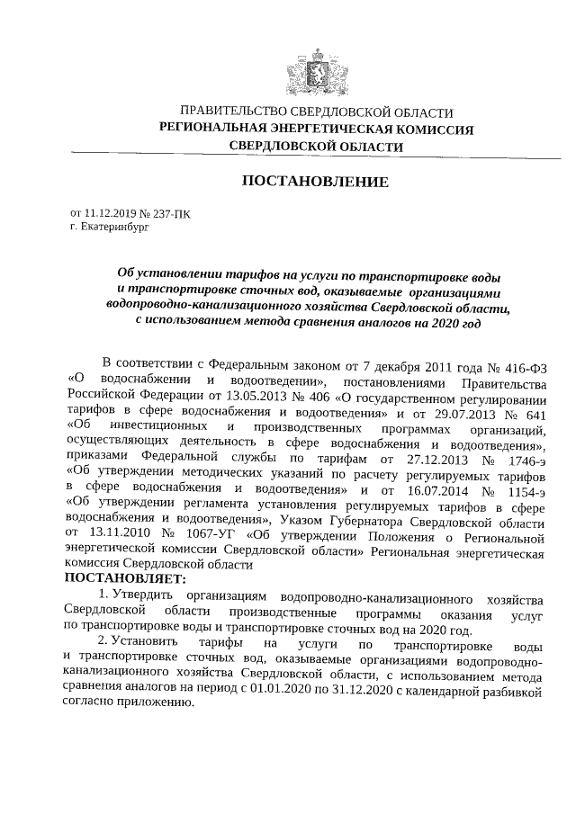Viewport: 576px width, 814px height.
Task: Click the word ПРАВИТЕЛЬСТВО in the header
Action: [231, 112]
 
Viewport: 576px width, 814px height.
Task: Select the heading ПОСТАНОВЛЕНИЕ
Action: [315, 182]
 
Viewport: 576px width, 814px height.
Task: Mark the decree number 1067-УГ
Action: [211, 536]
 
